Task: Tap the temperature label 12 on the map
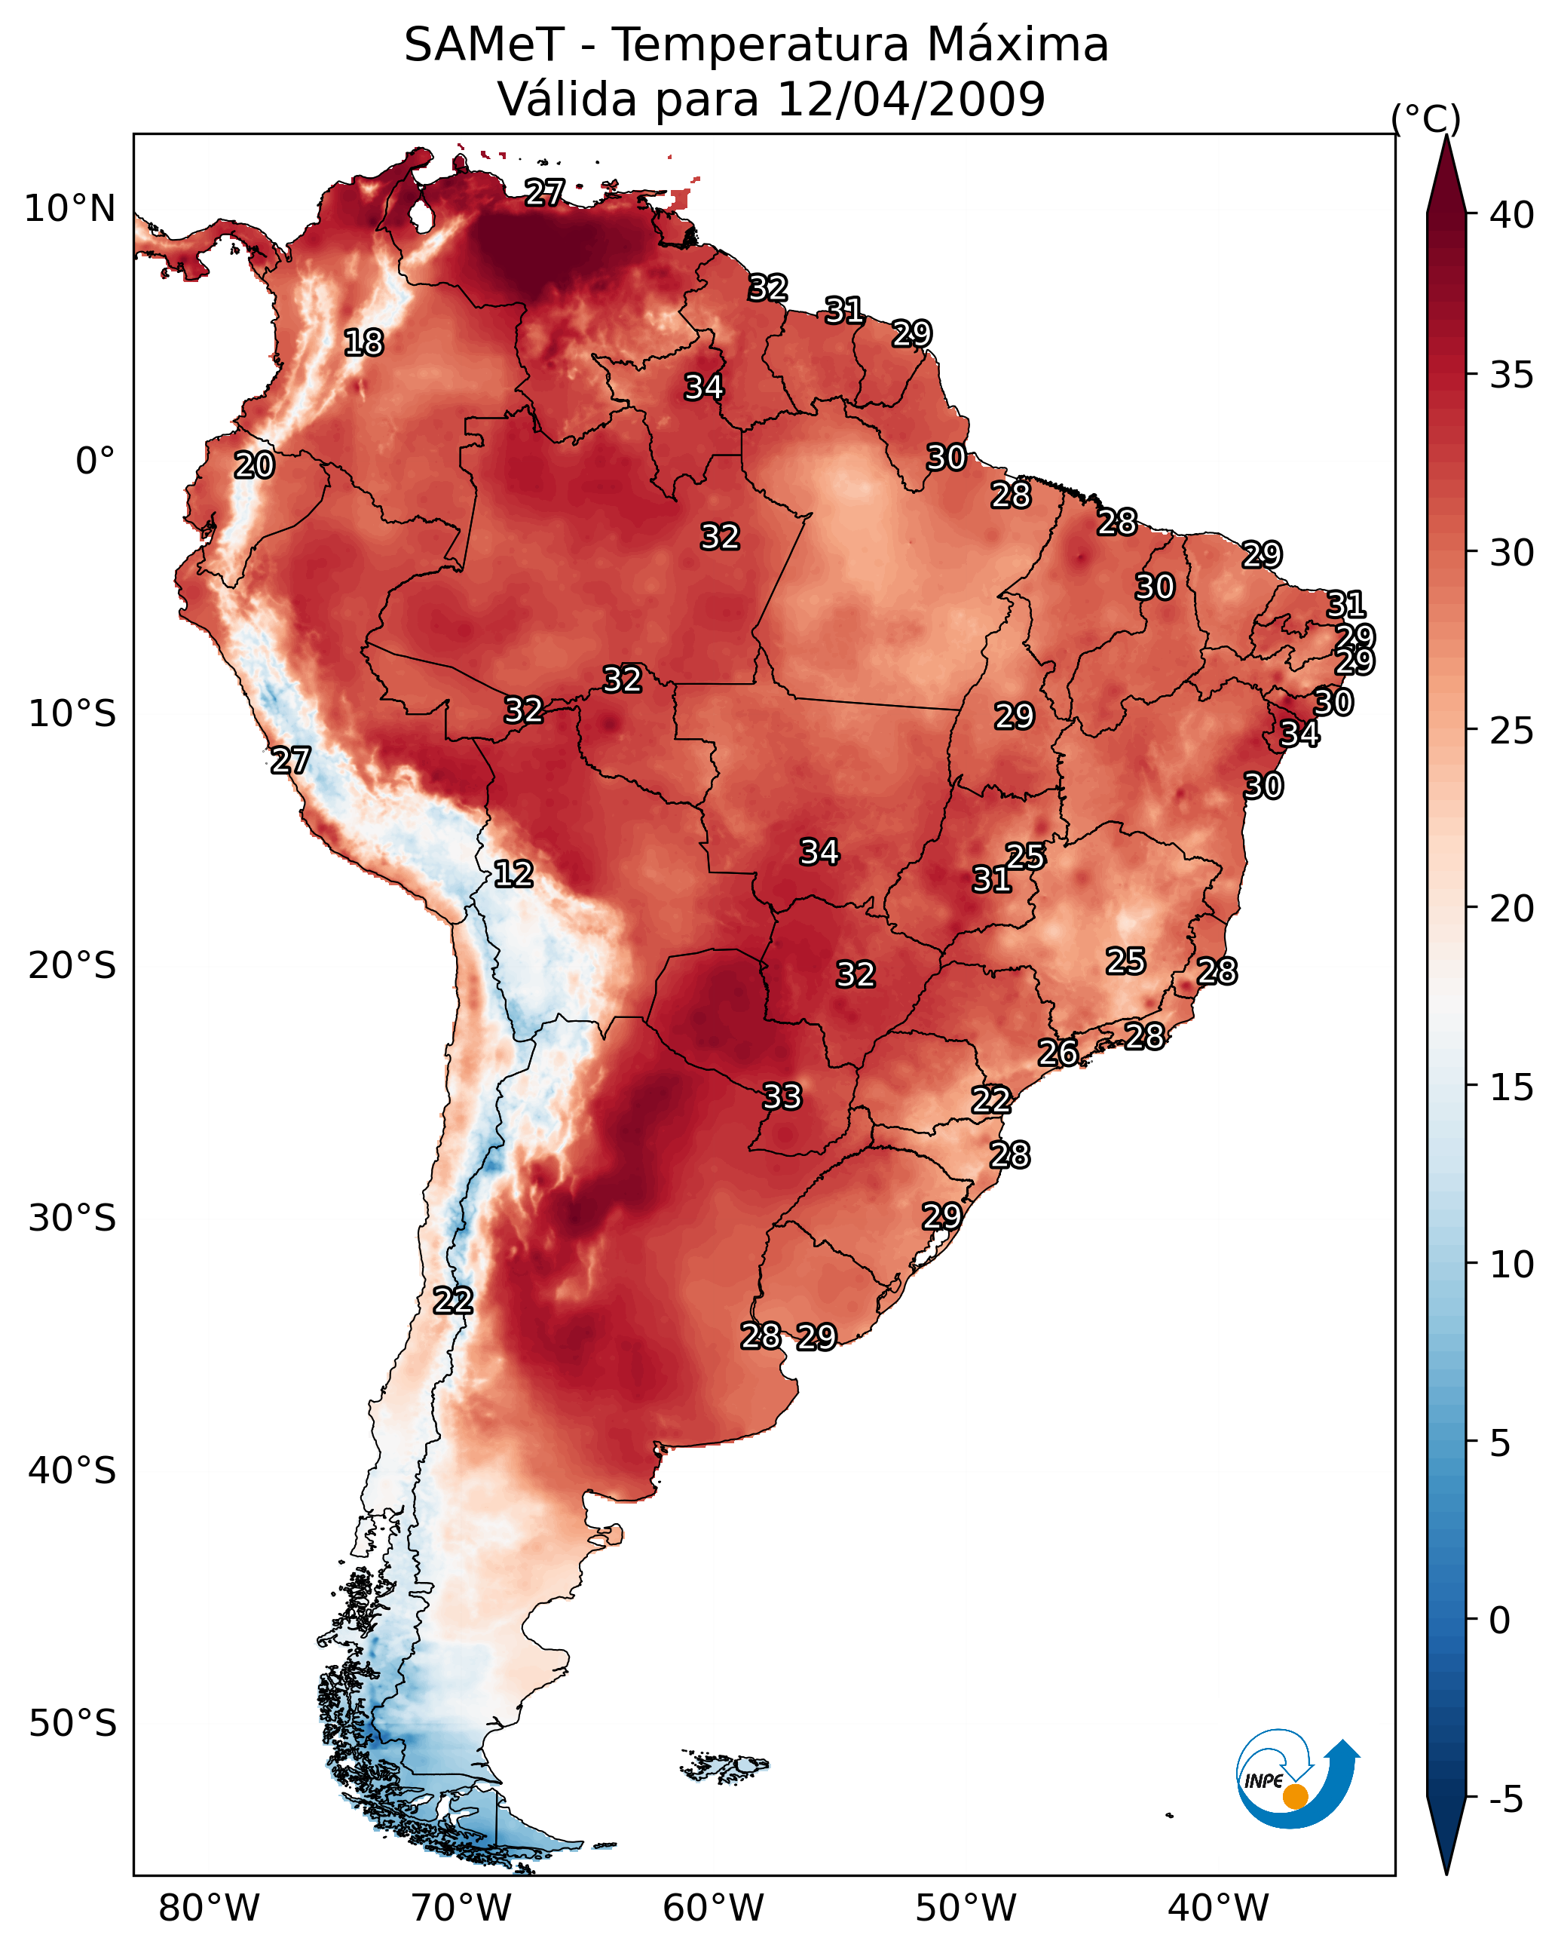pyautogui.click(x=513, y=874)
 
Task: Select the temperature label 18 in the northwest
pyautogui.click(x=363, y=343)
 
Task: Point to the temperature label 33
pyautogui.click(x=782, y=1096)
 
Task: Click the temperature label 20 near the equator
pyautogui.click(x=254, y=465)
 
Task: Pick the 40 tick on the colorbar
pyautogui.click(x=1511, y=215)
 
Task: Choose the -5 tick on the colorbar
pyautogui.click(x=1505, y=1800)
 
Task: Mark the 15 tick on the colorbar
pyautogui.click(x=1511, y=1087)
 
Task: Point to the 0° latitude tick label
pyautogui.click(x=95, y=461)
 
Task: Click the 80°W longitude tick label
pyautogui.click(x=209, y=1909)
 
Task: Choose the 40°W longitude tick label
pyautogui.click(x=1218, y=1909)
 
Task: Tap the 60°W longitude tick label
pyautogui.click(x=714, y=1909)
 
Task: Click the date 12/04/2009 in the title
pyautogui.click(x=911, y=100)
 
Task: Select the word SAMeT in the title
pyautogui.click(x=484, y=45)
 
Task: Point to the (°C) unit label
pyautogui.click(x=1425, y=118)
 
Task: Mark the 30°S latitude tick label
pyautogui.click(x=72, y=1219)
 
